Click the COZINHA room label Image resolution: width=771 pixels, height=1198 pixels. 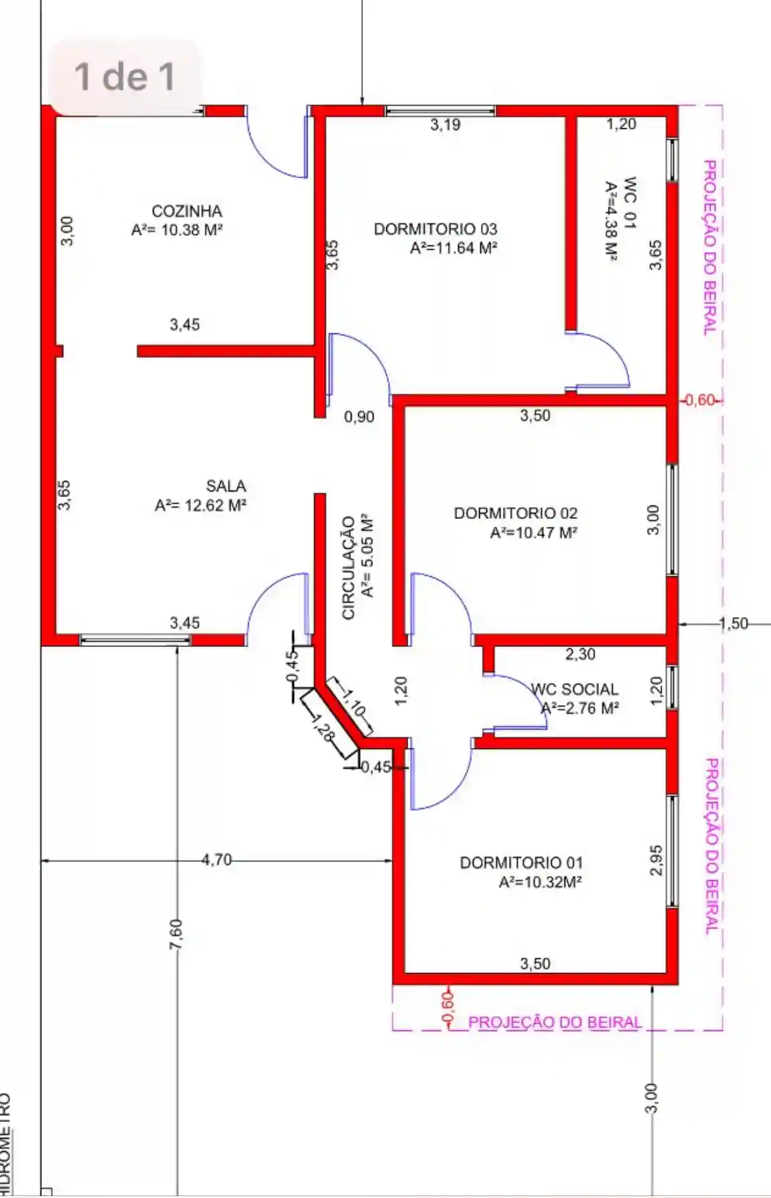point(187,211)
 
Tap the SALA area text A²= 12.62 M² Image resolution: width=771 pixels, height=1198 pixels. point(201,506)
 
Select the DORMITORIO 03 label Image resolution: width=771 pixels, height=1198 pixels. point(436,229)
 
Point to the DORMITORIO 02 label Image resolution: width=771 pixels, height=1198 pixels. point(516,514)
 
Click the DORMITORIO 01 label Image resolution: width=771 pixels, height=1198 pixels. point(521,863)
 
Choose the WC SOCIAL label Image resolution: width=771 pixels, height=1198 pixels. point(575,689)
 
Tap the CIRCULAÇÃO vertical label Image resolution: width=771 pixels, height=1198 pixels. point(348,568)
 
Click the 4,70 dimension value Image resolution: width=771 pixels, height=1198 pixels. point(217,859)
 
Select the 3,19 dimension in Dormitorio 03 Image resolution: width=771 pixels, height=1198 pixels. point(445,124)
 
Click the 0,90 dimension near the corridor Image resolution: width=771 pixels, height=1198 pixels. point(359,417)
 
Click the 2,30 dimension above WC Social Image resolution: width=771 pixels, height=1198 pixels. point(580,654)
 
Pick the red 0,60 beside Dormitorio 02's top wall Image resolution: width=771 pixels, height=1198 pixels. point(700,400)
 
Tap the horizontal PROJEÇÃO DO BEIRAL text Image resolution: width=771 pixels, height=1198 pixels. point(555,1022)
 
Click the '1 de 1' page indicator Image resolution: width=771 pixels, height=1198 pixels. point(125,76)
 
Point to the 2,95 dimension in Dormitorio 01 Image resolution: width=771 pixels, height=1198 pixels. point(655,860)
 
